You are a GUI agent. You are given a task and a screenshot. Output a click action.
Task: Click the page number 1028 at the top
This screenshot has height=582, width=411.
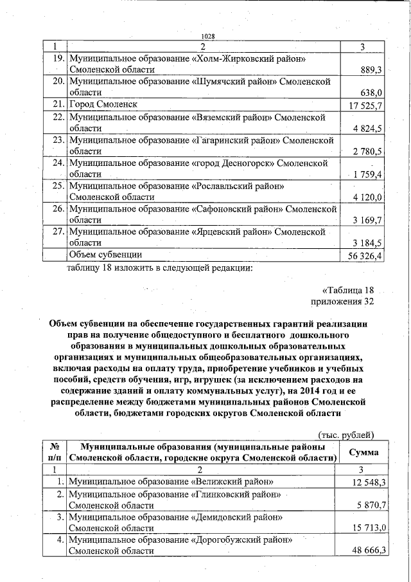pyautogui.click(x=207, y=37)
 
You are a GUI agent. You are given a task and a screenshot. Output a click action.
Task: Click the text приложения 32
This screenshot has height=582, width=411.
pyautogui.click(x=342, y=301)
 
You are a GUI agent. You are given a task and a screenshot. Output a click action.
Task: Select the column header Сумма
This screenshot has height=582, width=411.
pyautogui.click(x=363, y=452)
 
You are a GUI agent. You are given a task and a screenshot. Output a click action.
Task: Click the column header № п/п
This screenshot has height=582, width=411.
pyautogui.click(x=55, y=452)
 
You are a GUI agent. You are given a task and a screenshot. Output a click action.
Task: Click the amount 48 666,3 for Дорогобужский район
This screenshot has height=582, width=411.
pyautogui.click(x=367, y=551)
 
